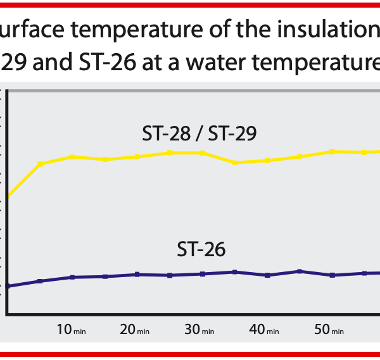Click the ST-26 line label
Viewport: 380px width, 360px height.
click(x=201, y=249)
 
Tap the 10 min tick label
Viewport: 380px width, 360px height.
click(x=72, y=330)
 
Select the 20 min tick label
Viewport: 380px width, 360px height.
click(x=135, y=330)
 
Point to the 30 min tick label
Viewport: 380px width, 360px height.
click(x=200, y=330)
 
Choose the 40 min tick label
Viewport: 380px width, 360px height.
click(x=265, y=330)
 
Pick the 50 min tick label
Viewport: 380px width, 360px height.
click(x=329, y=330)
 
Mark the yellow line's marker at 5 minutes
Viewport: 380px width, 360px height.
click(x=40, y=164)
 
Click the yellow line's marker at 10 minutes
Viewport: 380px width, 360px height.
click(x=72, y=156)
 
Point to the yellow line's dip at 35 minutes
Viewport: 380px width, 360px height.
click(x=234, y=163)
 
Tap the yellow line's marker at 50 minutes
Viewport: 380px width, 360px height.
click(x=332, y=151)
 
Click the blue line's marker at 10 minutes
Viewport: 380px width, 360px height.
click(x=72, y=277)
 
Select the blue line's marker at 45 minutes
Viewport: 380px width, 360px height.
click(x=300, y=271)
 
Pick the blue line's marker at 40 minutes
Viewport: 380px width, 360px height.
click(x=267, y=275)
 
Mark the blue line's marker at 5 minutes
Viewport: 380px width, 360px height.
click(x=40, y=281)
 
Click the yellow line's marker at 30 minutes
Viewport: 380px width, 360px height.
click(x=202, y=152)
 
